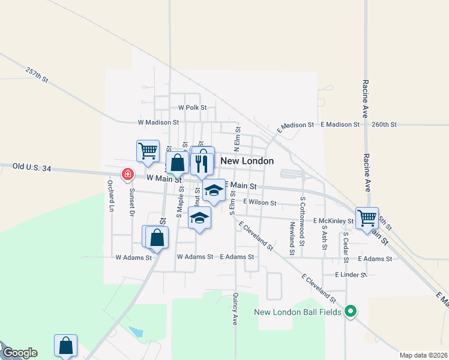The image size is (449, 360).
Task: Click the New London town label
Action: tap(247, 161)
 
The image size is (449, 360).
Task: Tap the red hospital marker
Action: tap(127, 175)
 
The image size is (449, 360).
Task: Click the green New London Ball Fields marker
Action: tap(352, 311)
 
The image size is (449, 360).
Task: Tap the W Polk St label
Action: tap(192, 107)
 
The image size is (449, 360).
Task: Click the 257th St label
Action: tap(37, 74)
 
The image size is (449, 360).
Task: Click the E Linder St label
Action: tap(351, 275)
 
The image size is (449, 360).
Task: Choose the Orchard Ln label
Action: tap(110, 196)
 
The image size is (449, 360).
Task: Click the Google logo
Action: tap(19, 353)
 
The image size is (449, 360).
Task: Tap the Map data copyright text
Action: tap(424, 355)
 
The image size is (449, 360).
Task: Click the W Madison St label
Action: tap(158, 122)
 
